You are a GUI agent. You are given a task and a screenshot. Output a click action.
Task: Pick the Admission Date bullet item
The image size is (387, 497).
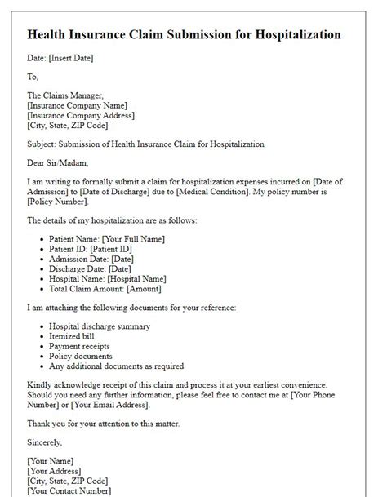tap(96, 259)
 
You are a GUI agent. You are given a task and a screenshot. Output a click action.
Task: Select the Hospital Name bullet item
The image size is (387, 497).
tap(109, 278)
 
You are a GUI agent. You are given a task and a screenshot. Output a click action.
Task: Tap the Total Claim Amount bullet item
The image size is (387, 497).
tap(105, 288)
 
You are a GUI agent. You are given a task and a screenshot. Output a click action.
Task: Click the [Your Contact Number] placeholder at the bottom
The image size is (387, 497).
tap(71, 491)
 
